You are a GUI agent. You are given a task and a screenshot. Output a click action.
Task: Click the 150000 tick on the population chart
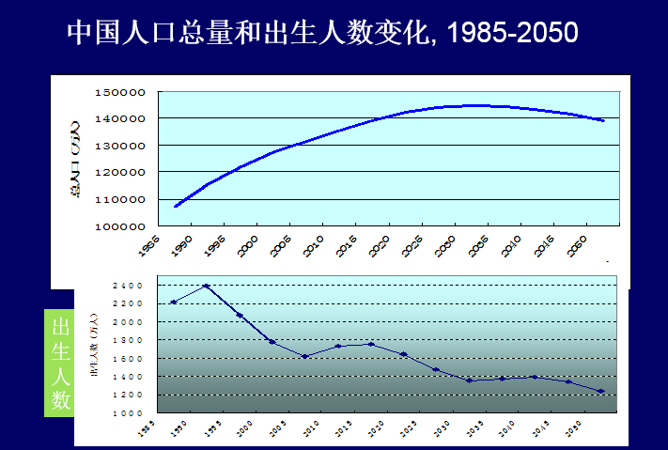(120, 92)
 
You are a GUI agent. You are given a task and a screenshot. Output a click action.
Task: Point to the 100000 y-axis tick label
(120, 226)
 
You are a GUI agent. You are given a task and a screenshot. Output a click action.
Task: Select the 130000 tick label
(120, 146)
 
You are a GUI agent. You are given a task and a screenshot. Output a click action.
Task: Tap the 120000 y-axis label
(120, 173)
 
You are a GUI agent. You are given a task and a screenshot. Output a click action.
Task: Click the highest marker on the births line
(206, 286)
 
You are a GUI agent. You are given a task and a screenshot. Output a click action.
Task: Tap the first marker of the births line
(174, 302)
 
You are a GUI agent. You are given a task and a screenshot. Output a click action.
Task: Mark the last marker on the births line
(600, 391)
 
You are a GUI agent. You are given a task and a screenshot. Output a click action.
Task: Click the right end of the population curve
(602, 120)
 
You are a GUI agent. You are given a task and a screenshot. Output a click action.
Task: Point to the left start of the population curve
(176, 206)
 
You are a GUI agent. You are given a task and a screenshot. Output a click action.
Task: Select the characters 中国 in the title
(96, 33)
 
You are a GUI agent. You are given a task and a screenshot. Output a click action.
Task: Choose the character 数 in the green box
(61, 399)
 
